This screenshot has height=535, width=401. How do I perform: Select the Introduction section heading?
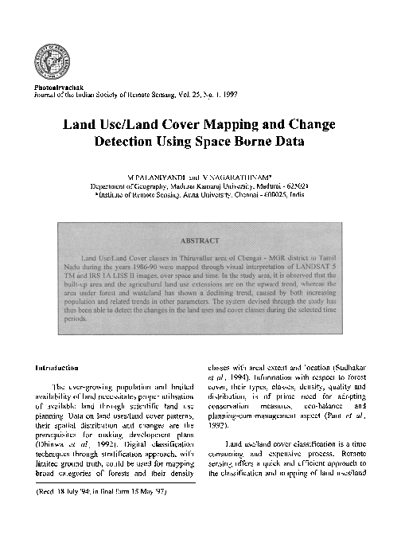tap(56, 369)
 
